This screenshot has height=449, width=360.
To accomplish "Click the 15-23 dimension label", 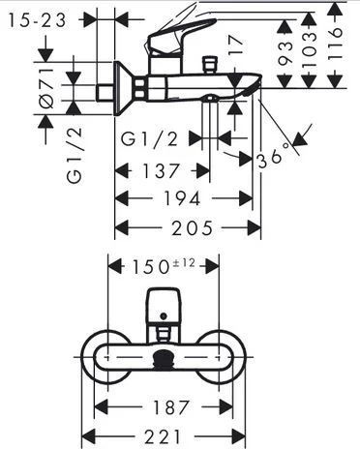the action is pyautogui.click(x=38, y=20).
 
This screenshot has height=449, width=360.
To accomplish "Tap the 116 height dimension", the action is pyautogui.click(x=335, y=44).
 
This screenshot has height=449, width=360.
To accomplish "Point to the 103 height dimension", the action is pyautogui.click(x=309, y=49).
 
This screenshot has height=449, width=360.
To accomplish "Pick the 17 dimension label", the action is pyautogui.click(x=235, y=45).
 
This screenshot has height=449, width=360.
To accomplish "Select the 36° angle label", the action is pyautogui.click(x=274, y=157).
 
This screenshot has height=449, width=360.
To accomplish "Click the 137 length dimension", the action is pyautogui.click(x=161, y=170).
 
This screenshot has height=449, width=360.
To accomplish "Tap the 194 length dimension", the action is pyautogui.click(x=183, y=198).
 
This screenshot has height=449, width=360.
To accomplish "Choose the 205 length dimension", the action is pyautogui.click(x=193, y=228).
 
